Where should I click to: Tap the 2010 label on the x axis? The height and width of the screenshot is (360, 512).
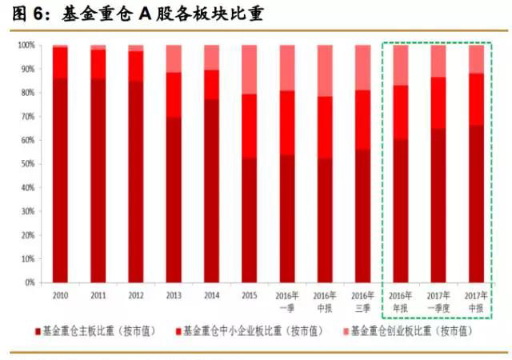(61, 294)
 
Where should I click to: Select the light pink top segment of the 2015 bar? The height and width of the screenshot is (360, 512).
(249, 70)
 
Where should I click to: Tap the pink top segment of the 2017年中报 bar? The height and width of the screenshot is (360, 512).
(476, 59)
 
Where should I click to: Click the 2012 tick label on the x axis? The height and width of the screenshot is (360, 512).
(136, 294)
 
